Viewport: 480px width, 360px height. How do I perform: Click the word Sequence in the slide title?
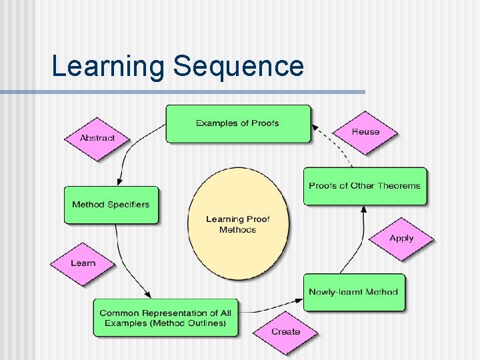pyautogui.click(x=238, y=67)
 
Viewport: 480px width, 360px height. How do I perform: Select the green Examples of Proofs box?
pyautogui.click(x=238, y=123)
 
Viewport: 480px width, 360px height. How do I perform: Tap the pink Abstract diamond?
pyautogui.click(x=97, y=138)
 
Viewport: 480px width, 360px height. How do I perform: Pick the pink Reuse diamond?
pyautogui.click(x=365, y=132)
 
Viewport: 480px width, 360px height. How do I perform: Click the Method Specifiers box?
pyautogui.click(x=111, y=205)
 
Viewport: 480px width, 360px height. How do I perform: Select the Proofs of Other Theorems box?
pyautogui.click(x=365, y=186)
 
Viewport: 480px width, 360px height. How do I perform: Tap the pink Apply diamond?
pyautogui.click(x=401, y=238)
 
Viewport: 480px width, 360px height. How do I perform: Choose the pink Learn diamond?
pyautogui.click(x=83, y=263)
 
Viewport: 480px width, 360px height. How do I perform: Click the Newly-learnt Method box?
pyautogui.click(x=354, y=292)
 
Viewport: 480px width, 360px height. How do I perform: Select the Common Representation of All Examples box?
pyautogui.click(x=165, y=318)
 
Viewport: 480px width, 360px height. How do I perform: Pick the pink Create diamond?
pyautogui.click(x=285, y=331)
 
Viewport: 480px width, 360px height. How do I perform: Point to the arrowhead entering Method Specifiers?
pyautogui.click(x=118, y=181)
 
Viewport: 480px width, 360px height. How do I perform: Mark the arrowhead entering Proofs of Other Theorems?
pyautogui.click(x=364, y=209)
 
